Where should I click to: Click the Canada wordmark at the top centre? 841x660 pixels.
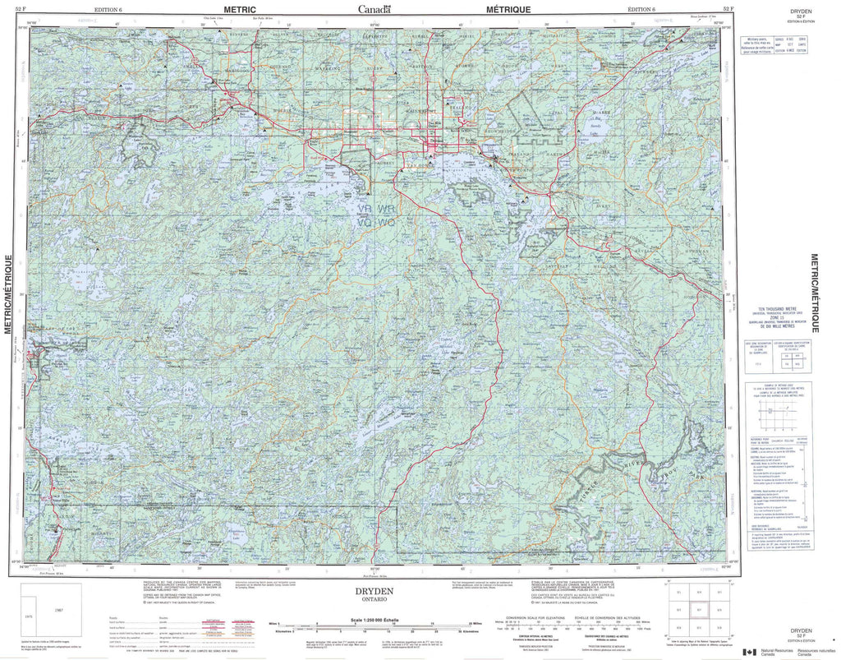click(x=374, y=9)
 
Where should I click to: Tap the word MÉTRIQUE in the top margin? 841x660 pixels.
click(x=508, y=8)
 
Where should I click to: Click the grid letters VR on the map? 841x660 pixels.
click(x=365, y=210)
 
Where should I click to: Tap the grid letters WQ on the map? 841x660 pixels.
click(x=386, y=222)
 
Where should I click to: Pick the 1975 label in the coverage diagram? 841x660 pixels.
click(x=29, y=614)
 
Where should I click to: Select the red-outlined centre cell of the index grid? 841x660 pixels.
click(x=698, y=610)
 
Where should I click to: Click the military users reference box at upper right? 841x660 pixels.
click(x=776, y=44)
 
